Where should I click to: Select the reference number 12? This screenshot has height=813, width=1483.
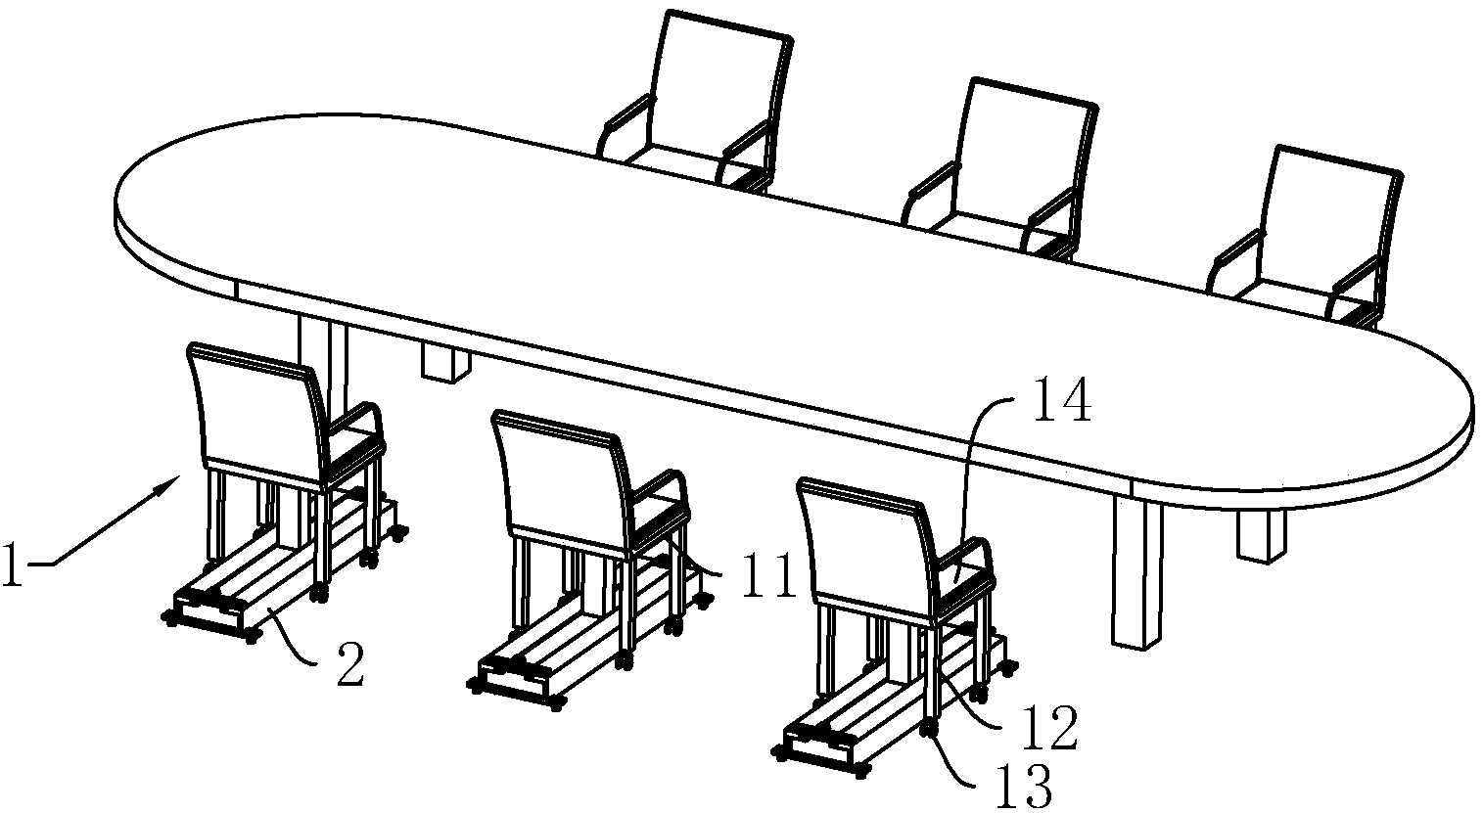1049,728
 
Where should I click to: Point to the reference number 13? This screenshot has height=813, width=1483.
1024,786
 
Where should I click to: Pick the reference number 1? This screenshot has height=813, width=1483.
13,565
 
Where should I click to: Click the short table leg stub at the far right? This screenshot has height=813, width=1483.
1261,536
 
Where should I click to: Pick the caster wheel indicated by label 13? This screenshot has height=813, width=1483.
928,728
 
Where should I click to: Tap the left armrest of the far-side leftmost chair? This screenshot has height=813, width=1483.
623,124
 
